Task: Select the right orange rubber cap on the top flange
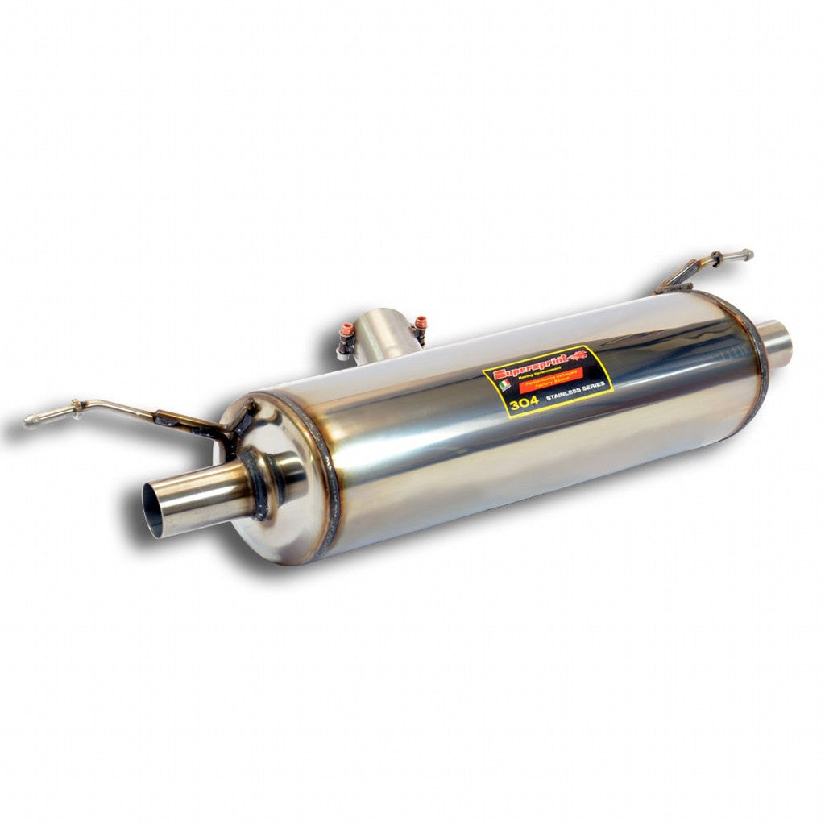point(420,322)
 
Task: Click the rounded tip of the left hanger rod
point(31,419)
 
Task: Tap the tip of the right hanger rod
point(748,255)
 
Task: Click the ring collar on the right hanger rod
point(715,259)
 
